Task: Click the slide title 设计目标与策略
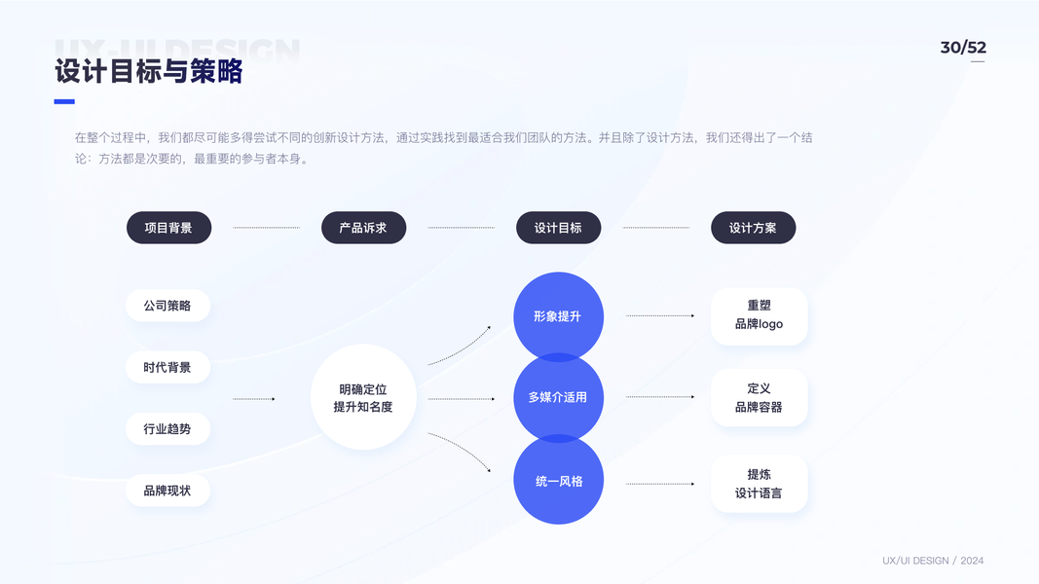coord(149,71)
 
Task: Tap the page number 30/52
coord(963,48)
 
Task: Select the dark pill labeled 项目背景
coord(169,228)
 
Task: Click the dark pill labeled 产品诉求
coord(364,228)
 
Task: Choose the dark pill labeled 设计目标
coord(559,228)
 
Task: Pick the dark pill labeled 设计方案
coord(754,228)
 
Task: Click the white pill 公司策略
coord(167,306)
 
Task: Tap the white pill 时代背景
coord(167,368)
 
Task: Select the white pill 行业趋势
coord(167,429)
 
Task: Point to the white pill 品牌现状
coord(167,491)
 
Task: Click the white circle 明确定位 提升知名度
coord(364,397)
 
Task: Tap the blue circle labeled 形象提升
coord(559,316)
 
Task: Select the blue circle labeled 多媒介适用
coord(559,397)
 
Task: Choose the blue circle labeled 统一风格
coord(559,480)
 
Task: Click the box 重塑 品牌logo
coord(760,316)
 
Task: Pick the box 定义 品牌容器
coord(760,397)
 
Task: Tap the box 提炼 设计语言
coord(760,484)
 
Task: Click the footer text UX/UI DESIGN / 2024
coord(933,561)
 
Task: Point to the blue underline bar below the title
coord(64,101)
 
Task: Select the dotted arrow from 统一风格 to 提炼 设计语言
coord(660,484)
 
